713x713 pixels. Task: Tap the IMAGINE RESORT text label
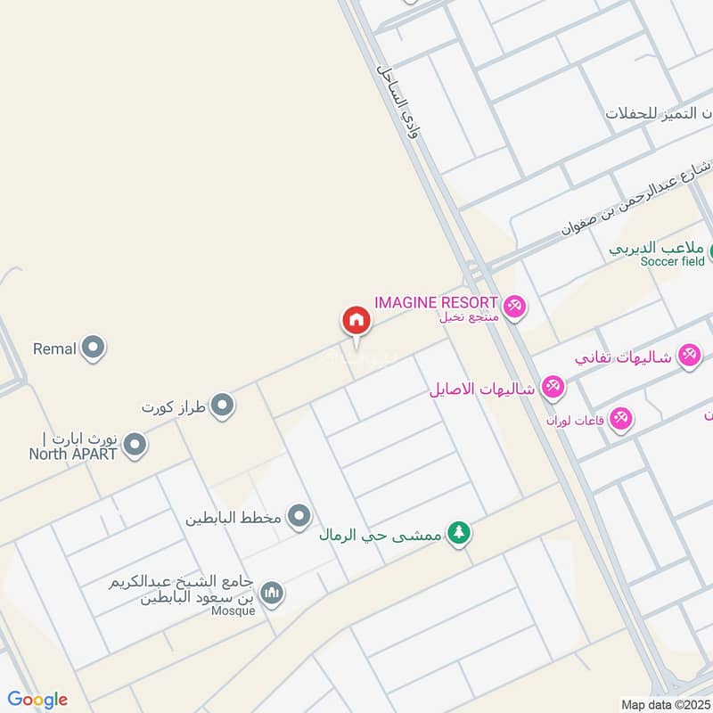coord(437,303)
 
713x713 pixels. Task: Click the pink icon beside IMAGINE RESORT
coord(514,307)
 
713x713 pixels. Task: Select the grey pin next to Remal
coord(93,348)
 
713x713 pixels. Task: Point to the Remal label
coord(54,348)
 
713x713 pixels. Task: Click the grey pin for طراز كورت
coord(223,406)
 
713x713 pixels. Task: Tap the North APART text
coord(73,452)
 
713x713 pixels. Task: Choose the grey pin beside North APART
coord(135,444)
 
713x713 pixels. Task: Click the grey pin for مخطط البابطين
coord(299,516)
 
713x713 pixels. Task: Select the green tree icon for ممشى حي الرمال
coord(459,534)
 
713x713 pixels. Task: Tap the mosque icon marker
coord(272,593)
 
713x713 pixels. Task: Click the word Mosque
coord(234,611)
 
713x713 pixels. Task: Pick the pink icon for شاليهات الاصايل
coord(553,388)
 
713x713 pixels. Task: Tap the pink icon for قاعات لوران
coord(620,417)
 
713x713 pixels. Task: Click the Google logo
coord(37,699)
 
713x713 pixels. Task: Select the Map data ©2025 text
coord(666,704)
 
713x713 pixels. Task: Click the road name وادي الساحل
coord(398,101)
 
